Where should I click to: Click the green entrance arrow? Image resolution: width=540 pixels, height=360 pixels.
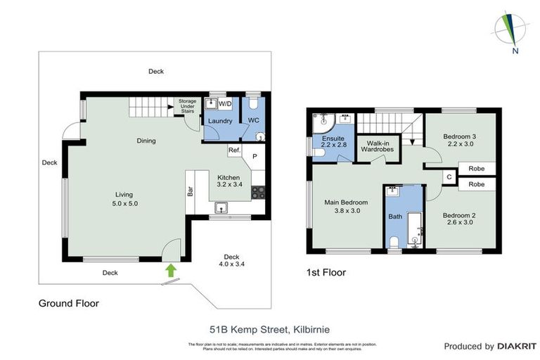[169, 270]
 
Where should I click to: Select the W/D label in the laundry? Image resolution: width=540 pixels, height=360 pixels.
[225, 104]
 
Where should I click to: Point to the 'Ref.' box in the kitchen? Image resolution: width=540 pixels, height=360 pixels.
[233, 150]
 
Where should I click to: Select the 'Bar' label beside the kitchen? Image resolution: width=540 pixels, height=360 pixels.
[190, 191]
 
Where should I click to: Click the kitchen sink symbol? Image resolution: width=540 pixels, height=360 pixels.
[221, 207]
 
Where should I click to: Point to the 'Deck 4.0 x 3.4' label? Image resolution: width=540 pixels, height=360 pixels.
[231, 261]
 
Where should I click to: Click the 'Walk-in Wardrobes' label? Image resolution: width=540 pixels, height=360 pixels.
[374, 146]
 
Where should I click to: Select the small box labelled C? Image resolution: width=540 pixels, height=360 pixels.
[449, 177]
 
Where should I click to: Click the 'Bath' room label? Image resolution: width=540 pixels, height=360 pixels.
[395, 217]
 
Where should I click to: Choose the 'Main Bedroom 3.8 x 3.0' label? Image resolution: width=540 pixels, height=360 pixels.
[342, 206]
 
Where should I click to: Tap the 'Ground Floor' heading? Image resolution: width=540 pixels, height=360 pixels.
[68, 304]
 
